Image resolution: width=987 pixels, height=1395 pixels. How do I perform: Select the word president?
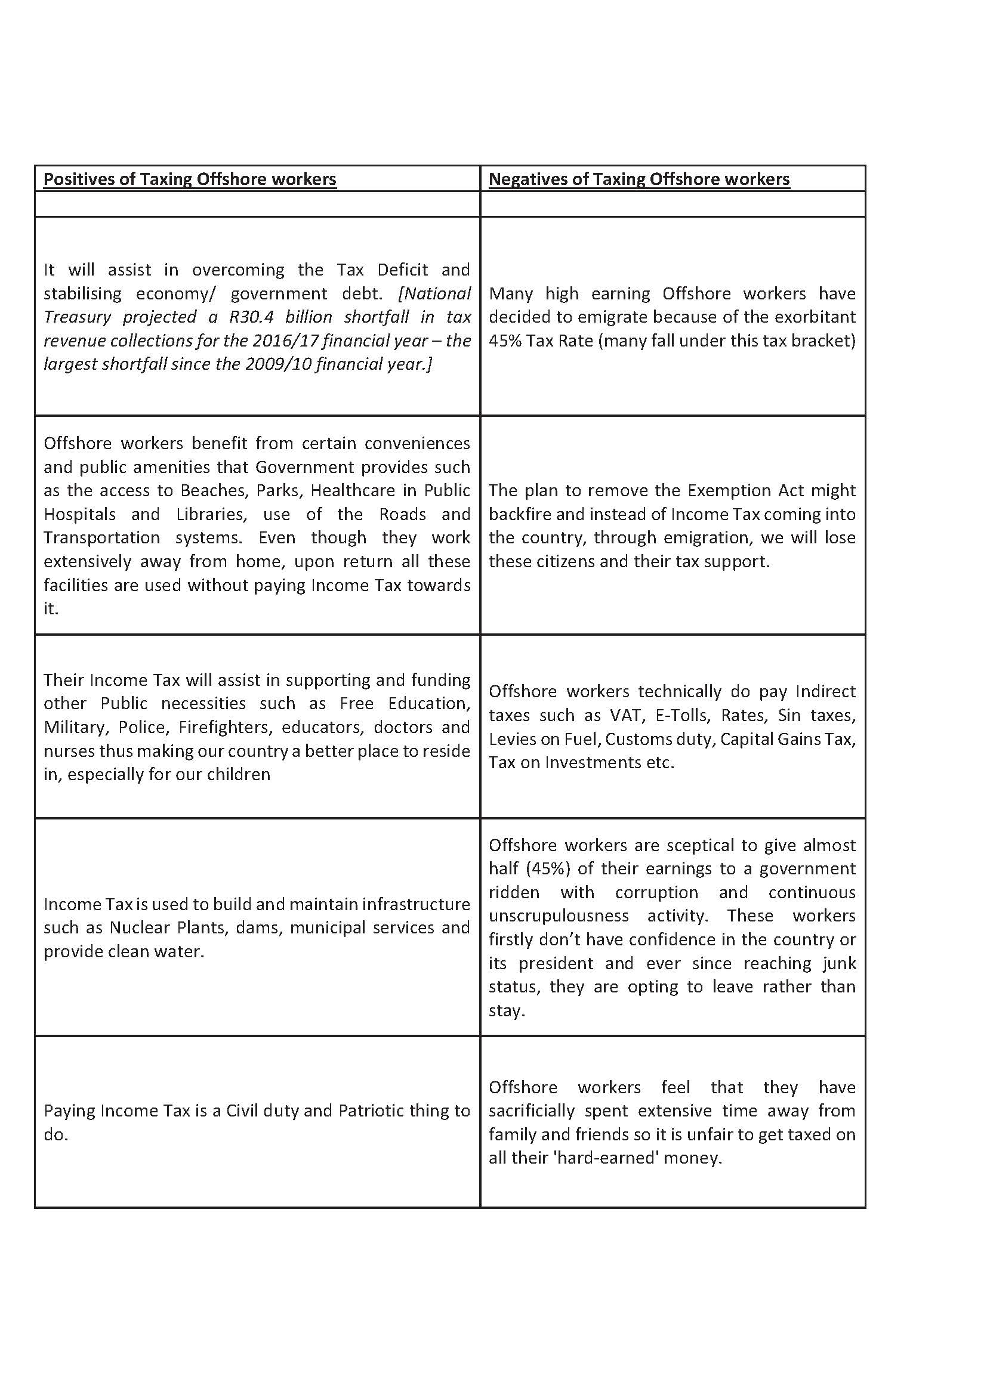tap(556, 964)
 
